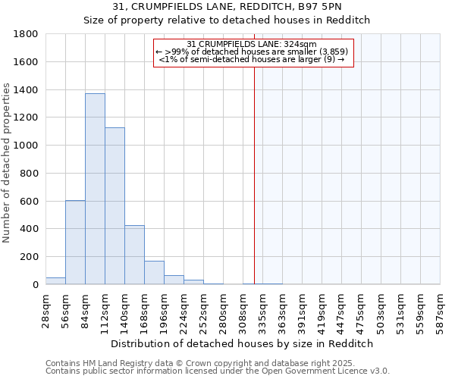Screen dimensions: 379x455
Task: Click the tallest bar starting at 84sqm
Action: click(95, 189)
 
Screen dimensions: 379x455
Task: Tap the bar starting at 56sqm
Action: click(75, 242)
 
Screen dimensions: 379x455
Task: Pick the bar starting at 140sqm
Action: click(134, 255)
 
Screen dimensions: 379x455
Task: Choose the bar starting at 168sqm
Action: click(154, 272)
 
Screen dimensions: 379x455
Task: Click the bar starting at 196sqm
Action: click(174, 280)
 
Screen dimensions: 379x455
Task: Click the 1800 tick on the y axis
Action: click(27, 34)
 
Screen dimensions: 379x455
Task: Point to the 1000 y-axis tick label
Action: click(27, 146)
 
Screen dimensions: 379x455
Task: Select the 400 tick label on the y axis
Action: click(30, 229)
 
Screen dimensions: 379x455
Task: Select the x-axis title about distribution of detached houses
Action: click(242, 343)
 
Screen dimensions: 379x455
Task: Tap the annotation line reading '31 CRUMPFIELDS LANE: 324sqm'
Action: click(251, 44)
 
